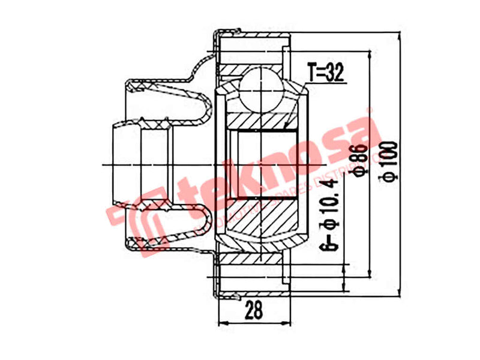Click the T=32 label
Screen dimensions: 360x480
[325, 73]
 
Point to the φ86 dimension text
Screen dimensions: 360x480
[361, 161]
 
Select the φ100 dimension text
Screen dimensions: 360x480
[389, 161]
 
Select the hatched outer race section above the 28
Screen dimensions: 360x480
[252, 259]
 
